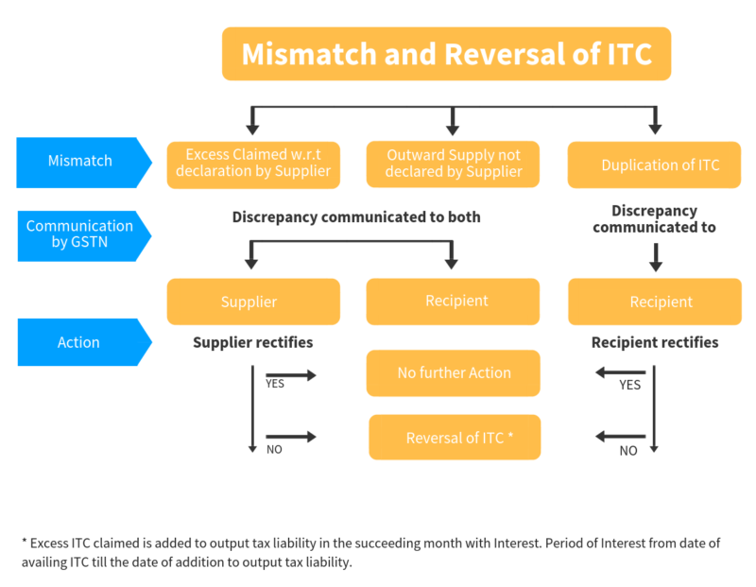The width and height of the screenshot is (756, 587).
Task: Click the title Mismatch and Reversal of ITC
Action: (x=446, y=54)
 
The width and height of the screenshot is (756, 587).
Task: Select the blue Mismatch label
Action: (x=79, y=161)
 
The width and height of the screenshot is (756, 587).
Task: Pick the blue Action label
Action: (x=79, y=342)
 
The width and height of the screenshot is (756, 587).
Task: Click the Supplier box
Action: (x=252, y=302)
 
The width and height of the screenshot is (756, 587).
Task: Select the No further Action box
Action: (x=454, y=372)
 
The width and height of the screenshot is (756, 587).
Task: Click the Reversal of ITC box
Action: (x=455, y=438)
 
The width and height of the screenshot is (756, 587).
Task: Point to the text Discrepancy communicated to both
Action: (x=356, y=217)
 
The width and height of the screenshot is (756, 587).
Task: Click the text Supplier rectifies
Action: (x=252, y=341)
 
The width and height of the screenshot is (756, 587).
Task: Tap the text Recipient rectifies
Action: (x=655, y=341)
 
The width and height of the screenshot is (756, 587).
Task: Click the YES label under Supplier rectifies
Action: (x=275, y=385)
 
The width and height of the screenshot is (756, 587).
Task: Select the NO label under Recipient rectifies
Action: (x=627, y=451)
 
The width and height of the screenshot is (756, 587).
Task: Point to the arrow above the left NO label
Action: (x=291, y=437)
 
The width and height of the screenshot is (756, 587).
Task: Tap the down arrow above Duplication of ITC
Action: (x=655, y=120)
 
